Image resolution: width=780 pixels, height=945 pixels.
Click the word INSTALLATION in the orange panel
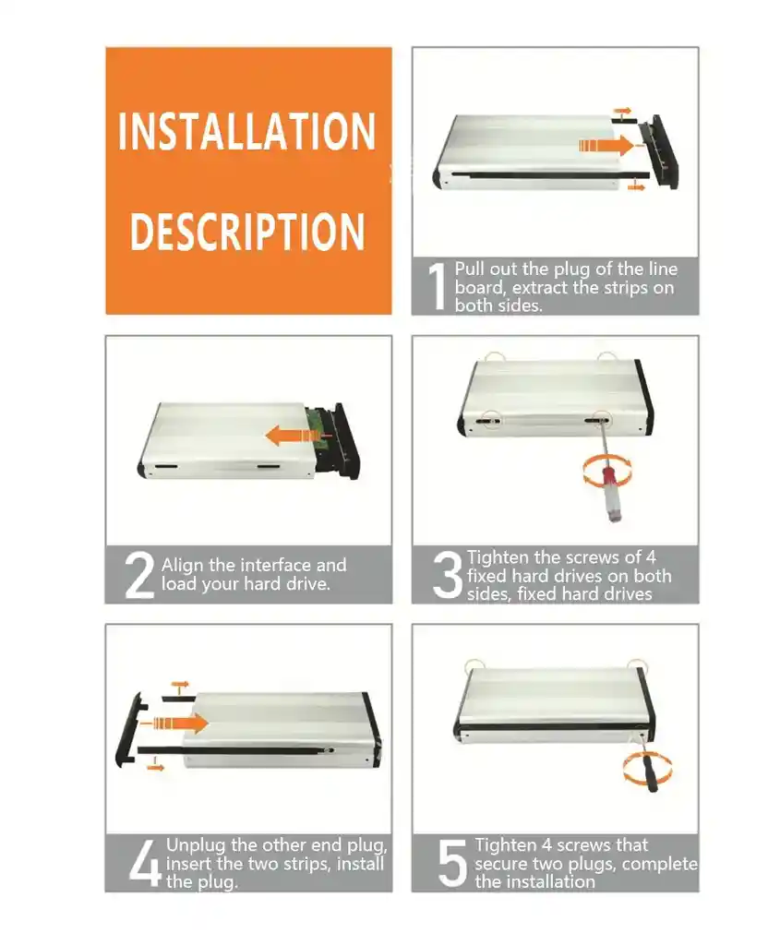247,131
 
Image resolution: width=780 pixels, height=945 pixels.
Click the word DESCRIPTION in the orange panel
247,232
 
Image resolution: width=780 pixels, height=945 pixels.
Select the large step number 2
139,576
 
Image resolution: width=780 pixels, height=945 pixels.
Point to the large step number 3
448,576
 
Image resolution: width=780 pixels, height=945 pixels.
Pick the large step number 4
145,864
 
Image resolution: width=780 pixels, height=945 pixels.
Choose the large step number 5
452,864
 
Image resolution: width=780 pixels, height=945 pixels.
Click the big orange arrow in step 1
606,145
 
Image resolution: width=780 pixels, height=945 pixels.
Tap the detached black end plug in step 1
661,151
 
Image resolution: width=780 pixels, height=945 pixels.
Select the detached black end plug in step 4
129,730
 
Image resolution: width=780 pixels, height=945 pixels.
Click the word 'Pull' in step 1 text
469,269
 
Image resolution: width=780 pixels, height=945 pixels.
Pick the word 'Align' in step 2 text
182,566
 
